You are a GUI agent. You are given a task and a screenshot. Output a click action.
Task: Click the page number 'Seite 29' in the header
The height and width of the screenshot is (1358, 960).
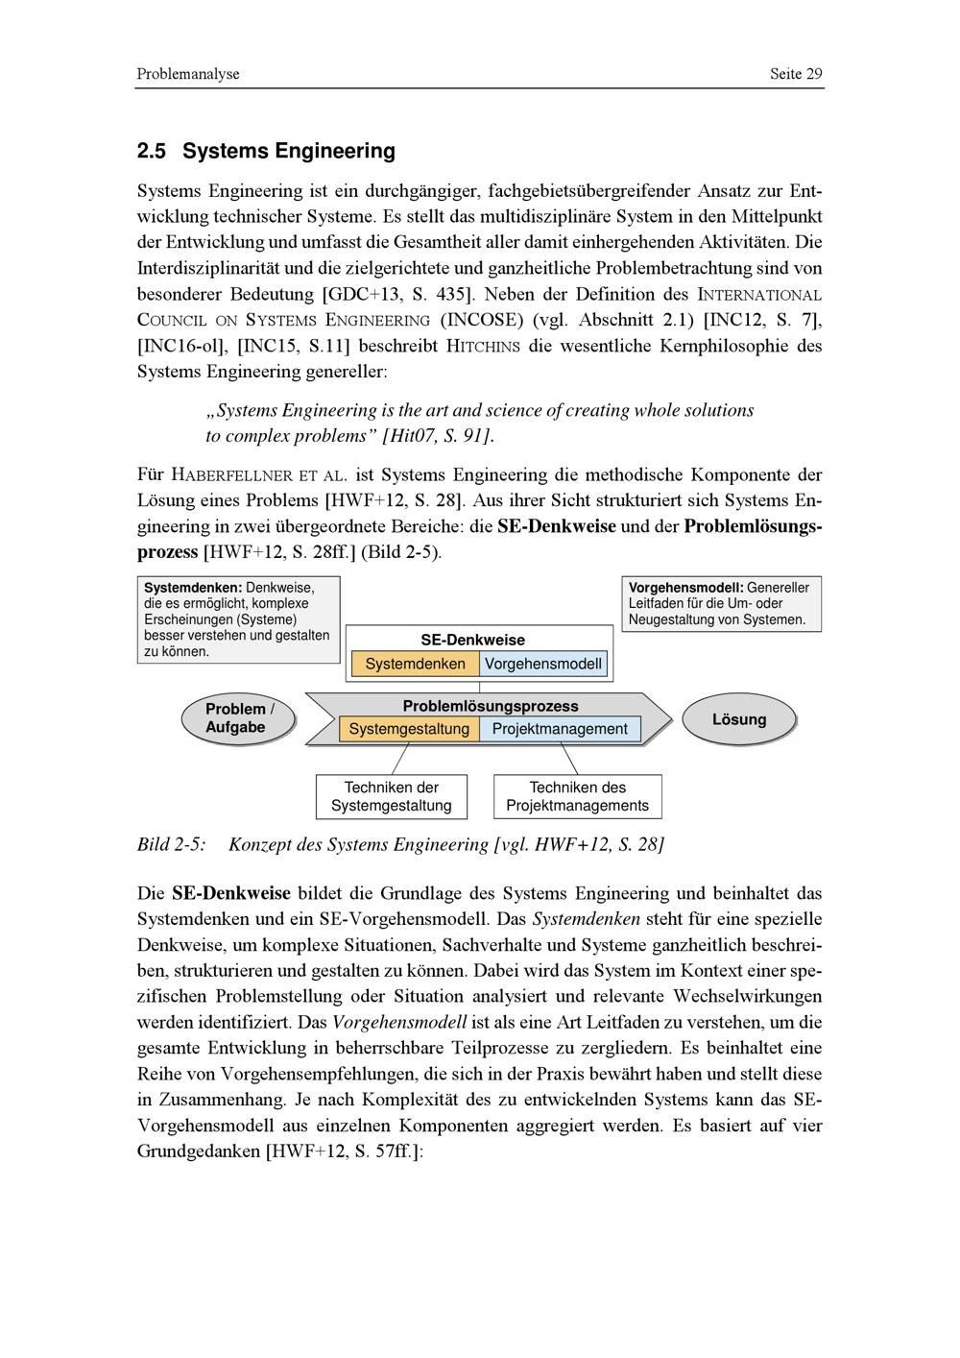point(796,74)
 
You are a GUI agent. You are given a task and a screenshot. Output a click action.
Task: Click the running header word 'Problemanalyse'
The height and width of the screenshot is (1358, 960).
point(188,74)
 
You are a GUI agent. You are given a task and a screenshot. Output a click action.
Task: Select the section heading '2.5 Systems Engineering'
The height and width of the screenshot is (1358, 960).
point(266,151)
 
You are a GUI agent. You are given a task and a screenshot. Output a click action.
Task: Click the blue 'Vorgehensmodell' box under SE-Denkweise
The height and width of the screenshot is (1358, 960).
point(543,664)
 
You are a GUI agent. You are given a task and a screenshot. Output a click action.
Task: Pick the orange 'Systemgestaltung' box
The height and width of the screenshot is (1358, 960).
point(409,729)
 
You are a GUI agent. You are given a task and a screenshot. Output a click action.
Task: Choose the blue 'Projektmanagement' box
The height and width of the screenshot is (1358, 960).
point(560,729)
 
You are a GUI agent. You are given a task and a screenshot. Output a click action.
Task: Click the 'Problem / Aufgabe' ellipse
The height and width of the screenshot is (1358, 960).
point(238,718)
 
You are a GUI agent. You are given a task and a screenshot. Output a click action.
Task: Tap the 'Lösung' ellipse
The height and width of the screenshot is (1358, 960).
point(739,719)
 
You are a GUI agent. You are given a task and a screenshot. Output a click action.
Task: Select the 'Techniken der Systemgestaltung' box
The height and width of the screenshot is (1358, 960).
point(392,796)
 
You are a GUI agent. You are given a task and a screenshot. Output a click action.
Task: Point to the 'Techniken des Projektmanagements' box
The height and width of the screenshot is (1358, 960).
point(578,796)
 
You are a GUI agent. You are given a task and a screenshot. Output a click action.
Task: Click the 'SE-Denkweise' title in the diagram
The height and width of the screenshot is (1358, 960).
point(472,640)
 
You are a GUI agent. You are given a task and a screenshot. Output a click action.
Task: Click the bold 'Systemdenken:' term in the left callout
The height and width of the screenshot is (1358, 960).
point(192,588)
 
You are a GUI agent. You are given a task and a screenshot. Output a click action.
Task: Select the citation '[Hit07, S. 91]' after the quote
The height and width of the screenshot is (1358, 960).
point(438,436)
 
